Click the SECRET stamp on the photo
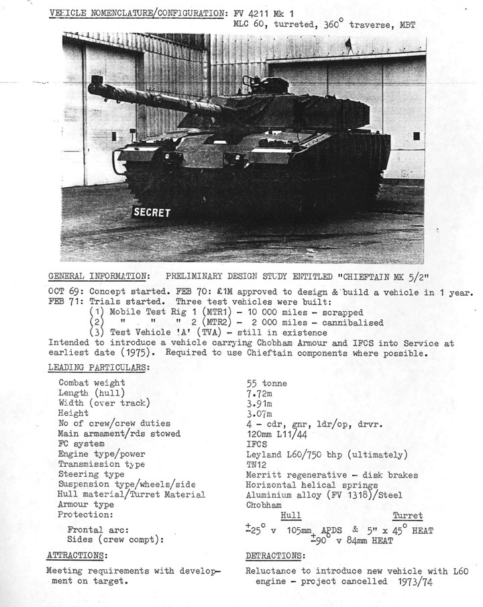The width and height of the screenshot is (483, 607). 152,213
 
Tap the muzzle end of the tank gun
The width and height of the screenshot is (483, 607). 95,85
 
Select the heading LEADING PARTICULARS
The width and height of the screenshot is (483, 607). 99,368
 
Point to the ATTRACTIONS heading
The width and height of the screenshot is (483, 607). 76,555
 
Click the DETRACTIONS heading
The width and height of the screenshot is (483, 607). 275,555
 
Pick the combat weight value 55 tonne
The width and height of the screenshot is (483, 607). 266,383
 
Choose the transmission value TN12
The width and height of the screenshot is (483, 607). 257,464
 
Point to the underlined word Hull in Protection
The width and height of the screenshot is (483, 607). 290,516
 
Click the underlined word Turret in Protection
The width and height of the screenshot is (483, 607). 407,516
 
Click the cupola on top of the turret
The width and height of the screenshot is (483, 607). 269,85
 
